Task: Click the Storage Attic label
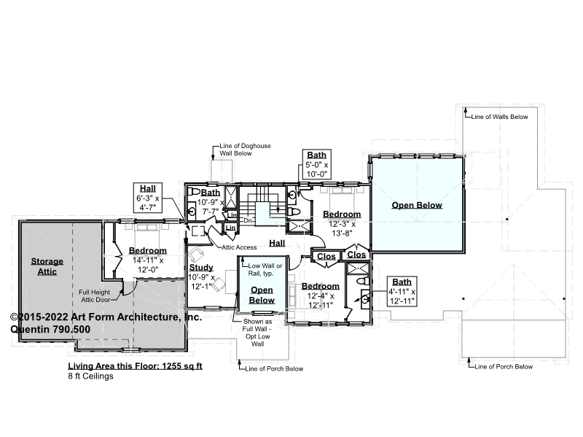[47, 266]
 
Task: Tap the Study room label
[201, 267]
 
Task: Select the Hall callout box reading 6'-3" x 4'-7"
[148, 198]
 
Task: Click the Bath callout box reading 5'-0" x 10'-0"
[317, 165]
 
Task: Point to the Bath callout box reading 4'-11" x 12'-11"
[402, 292]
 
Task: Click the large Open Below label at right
[417, 205]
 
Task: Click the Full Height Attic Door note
[95, 296]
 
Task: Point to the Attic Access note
[239, 247]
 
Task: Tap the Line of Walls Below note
[499, 117]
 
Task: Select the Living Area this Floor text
[135, 366]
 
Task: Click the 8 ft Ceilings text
[90, 376]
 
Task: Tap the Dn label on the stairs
[248, 221]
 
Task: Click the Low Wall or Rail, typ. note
[265, 269]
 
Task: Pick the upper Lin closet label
[232, 215]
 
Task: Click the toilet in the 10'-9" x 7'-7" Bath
[193, 192]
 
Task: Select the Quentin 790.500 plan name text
[50, 330]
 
